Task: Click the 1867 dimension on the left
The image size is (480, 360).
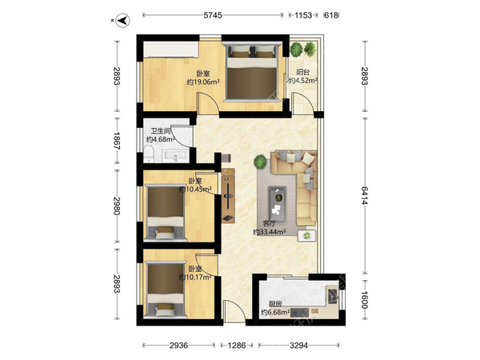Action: pyautogui.click(x=116, y=143)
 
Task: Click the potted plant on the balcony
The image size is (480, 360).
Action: pyautogui.click(x=298, y=49)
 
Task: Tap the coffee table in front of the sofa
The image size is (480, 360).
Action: pyautogui.click(x=278, y=194)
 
